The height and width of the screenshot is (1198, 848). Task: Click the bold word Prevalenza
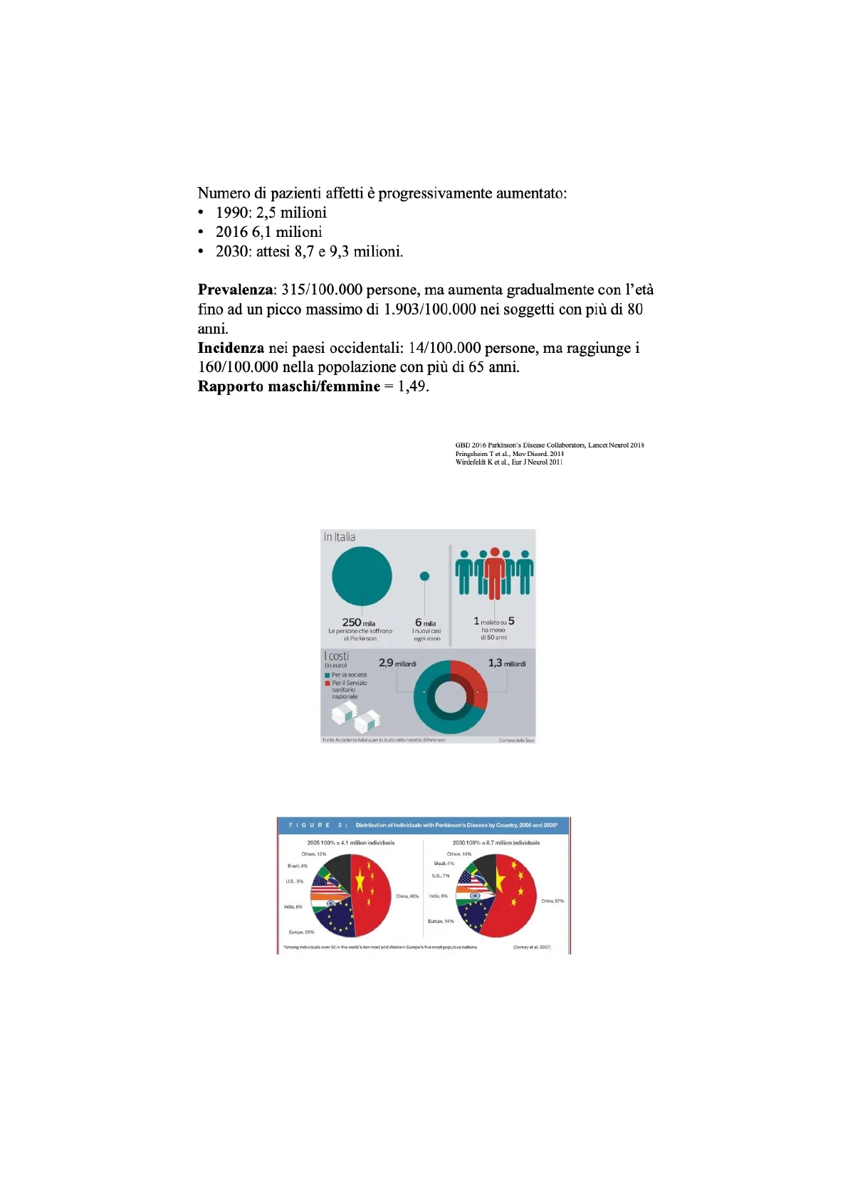click(x=235, y=290)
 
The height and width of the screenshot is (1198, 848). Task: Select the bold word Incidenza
click(x=231, y=349)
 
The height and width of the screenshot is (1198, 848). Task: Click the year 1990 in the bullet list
click(x=232, y=213)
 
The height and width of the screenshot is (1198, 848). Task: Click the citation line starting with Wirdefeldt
click(x=508, y=462)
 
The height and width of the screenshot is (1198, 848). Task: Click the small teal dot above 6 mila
click(x=424, y=576)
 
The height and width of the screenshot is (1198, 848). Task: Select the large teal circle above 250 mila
click(x=362, y=576)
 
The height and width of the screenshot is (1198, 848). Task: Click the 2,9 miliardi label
click(x=397, y=663)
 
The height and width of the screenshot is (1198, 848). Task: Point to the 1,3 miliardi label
click(x=506, y=663)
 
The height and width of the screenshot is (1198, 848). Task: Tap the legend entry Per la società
click(x=349, y=675)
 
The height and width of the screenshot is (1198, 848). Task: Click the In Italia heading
click(x=340, y=537)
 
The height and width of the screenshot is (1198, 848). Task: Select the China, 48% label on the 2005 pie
click(x=407, y=896)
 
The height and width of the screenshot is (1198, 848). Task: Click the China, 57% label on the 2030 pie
click(x=552, y=901)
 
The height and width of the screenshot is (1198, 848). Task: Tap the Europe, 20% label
click(x=301, y=932)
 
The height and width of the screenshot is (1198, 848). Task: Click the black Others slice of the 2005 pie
click(x=337, y=868)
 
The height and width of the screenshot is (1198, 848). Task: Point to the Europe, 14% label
click(x=440, y=921)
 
